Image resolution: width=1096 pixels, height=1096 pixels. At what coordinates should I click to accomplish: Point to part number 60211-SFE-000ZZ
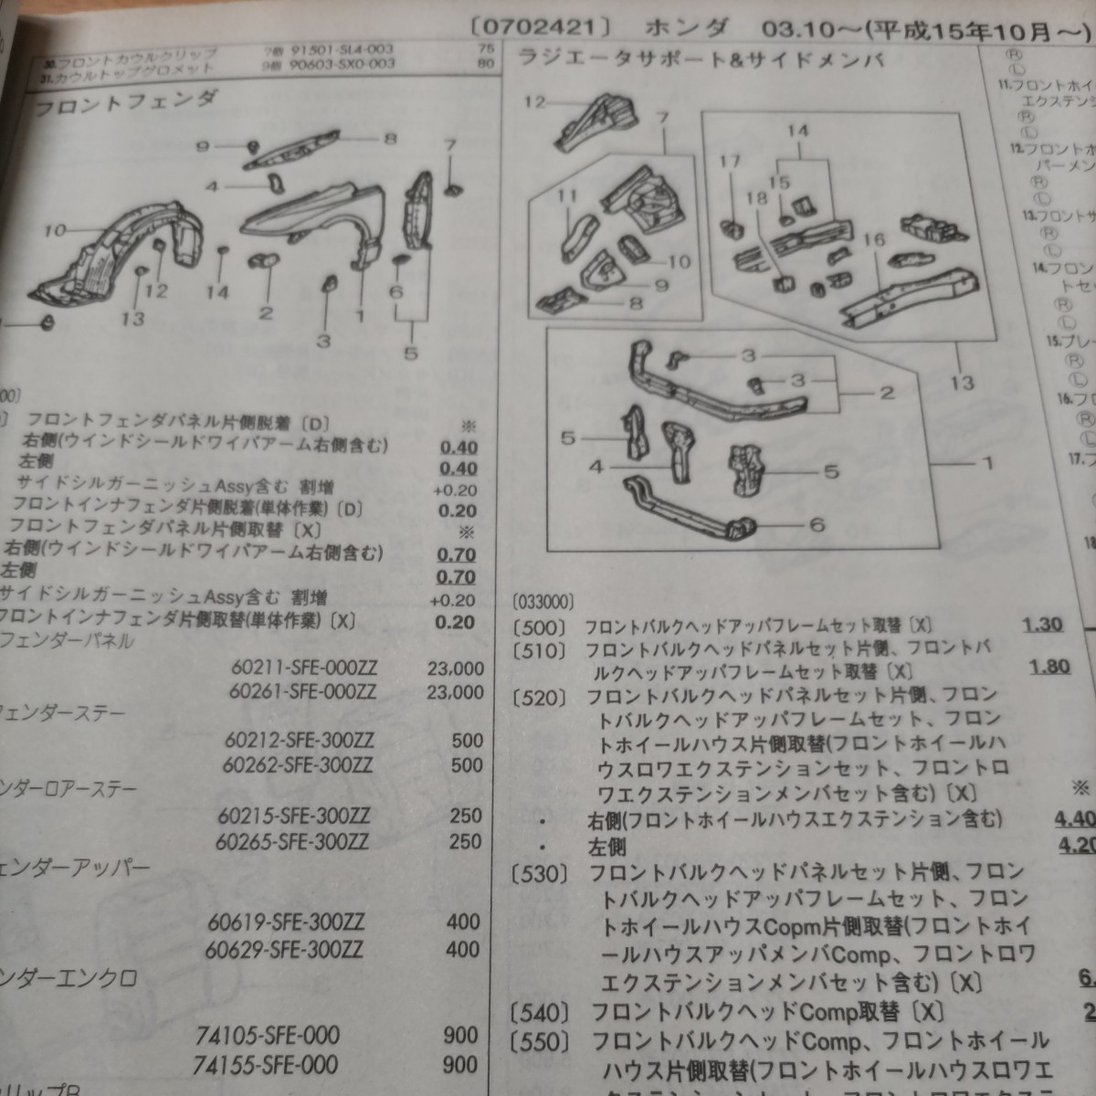click(x=304, y=668)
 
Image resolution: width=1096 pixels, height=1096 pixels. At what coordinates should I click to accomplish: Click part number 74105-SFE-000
click(x=268, y=1036)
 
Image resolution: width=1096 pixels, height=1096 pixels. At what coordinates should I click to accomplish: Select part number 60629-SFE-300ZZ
click(x=284, y=950)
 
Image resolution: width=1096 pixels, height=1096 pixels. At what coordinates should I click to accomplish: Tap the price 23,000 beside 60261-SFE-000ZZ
click(x=455, y=692)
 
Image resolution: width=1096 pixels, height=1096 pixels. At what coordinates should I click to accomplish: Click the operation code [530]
click(x=540, y=874)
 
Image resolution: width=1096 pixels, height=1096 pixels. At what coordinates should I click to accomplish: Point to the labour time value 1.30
click(x=1042, y=625)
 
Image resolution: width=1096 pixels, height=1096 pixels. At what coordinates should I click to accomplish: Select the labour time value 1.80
click(x=1049, y=666)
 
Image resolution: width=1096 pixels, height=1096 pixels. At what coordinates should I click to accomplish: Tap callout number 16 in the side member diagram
click(x=874, y=239)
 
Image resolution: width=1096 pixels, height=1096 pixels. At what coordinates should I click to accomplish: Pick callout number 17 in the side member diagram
click(x=729, y=162)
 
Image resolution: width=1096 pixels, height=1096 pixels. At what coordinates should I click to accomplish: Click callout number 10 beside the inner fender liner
click(x=54, y=230)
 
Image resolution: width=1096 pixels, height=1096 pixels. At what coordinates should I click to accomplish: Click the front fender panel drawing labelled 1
click(x=311, y=219)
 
